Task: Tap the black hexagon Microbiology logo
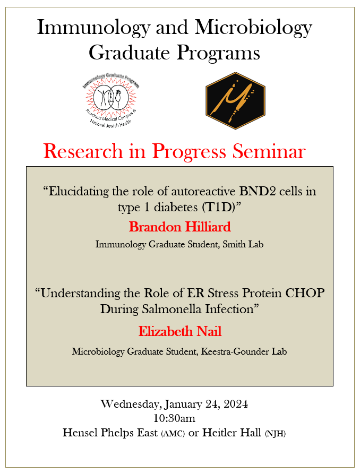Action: pyautogui.click(x=235, y=101)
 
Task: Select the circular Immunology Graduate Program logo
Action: pyautogui.click(x=111, y=99)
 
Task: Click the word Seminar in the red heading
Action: pyautogui.click(x=269, y=151)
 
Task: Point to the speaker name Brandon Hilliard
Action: pyautogui.click(x=180, y=227)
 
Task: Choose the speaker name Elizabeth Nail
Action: pyautogui.click(x=180, y=331)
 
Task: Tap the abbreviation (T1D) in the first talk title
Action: pyautogui.click(x=222, y=207)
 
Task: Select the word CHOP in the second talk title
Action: pyautogui.click(x=305, y=293)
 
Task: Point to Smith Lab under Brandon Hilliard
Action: pyautogui.click(x=243, y=244)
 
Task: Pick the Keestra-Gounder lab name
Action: pyautogui.click(x=244, y=352)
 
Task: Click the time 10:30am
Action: pyautogui.click(x=174, y=418)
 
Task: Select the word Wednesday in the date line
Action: pyautogui.click(x=130, y=405)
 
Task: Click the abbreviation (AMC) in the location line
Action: pyautogui.click(x=173, y=434)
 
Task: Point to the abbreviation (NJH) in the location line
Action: pyautogui.click(x=275, y=434)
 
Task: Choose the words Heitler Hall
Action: pyautogui.click(x=232, y=433)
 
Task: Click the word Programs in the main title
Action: pyautogui.click(x=218, y=54)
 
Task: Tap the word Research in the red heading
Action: pyautogui.click(x=83, y=151)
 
